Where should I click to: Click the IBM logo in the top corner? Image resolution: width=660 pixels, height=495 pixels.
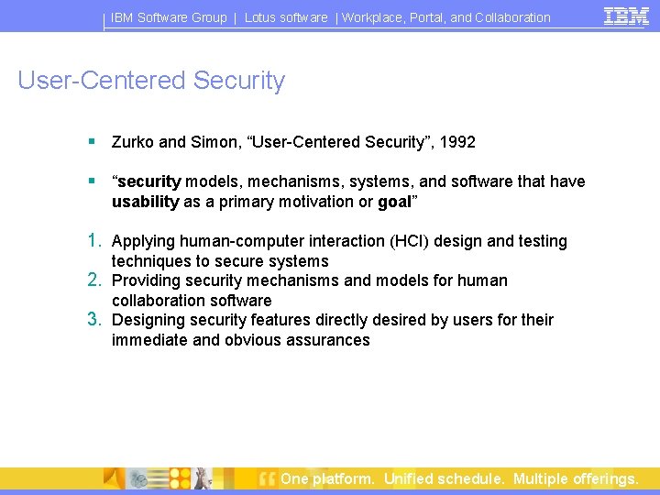tap(627, 16)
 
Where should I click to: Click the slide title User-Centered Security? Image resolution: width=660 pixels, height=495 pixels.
tap(151, 81)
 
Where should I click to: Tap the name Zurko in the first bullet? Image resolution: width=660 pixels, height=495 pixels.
tap(133, 142)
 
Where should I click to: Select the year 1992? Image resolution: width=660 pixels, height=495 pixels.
tap(457, 142)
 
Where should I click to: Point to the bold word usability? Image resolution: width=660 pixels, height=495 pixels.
tap(145, 202)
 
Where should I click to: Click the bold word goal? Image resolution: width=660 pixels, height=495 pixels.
tap(394, 202)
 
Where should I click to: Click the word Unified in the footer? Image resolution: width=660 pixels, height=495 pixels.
tap(408, 478)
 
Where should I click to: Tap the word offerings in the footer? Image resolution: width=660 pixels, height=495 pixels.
tap(605, 478)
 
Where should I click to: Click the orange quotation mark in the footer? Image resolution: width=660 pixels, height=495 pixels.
tap(267, 478)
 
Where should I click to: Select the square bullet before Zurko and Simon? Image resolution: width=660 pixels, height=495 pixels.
tap(92, 142)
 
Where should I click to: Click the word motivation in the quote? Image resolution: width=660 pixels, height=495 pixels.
tap(316, 202)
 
